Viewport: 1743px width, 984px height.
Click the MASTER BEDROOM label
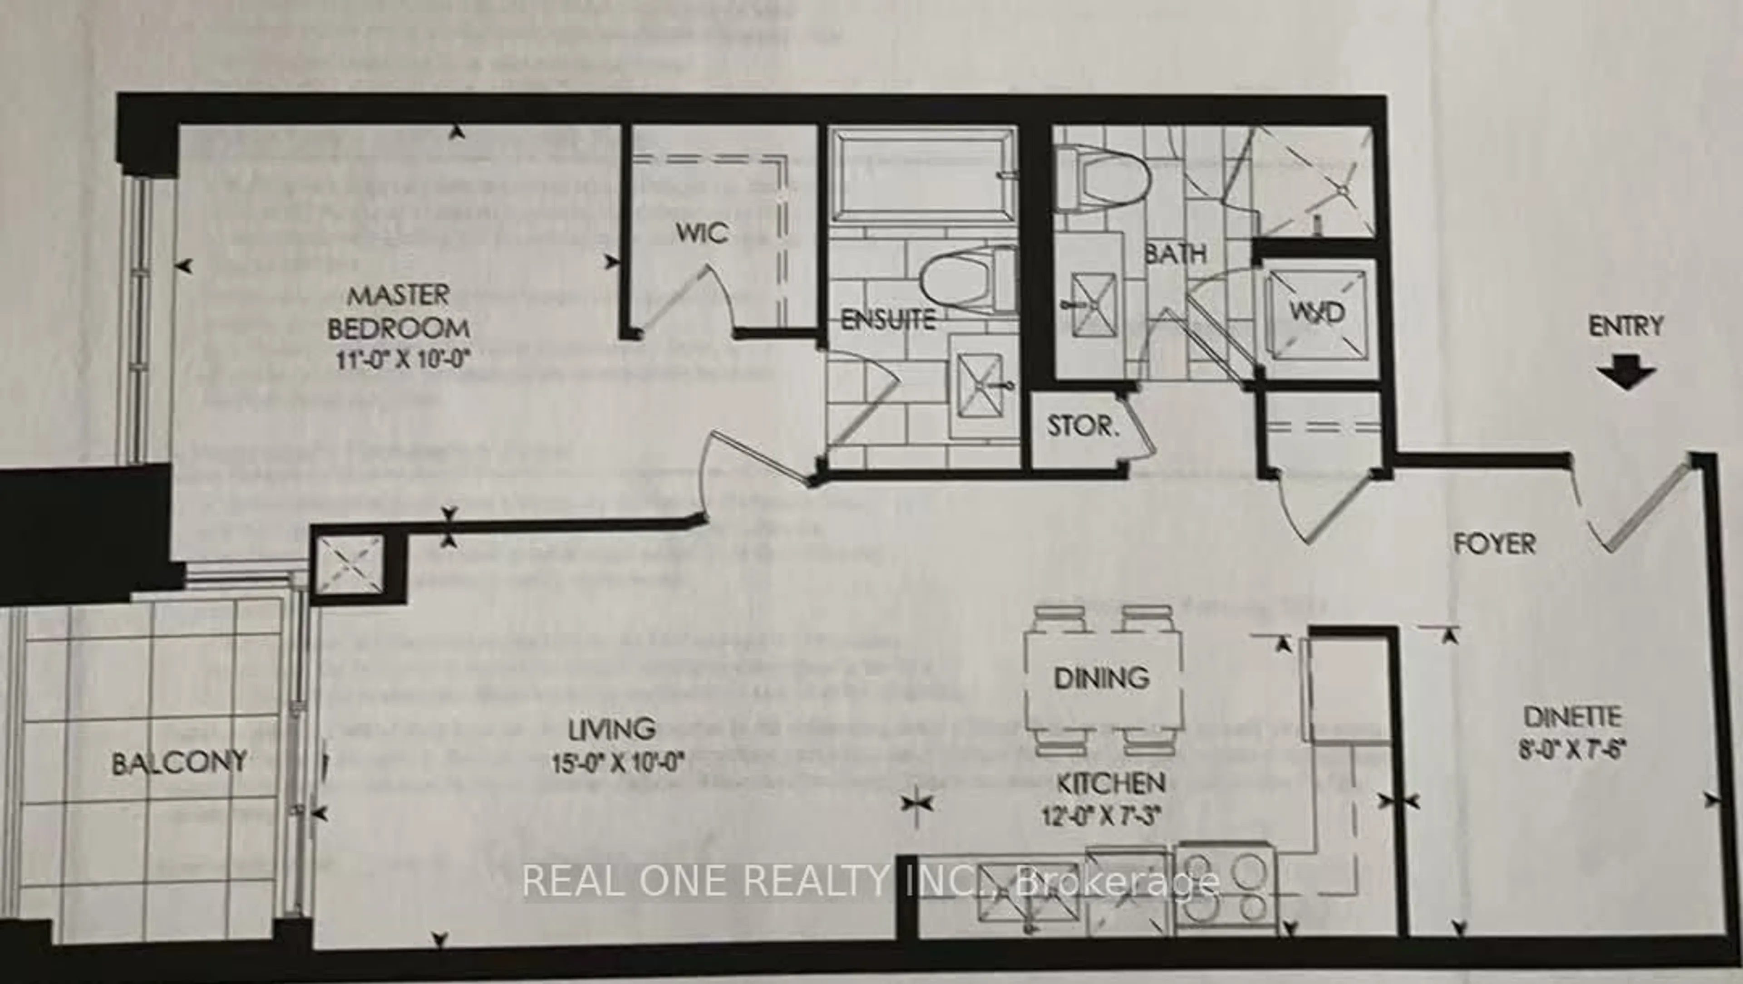(399, 311)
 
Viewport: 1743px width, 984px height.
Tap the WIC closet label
(702, 233)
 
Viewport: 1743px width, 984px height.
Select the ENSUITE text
(888, 320)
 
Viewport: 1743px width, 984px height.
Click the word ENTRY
(1625, 326)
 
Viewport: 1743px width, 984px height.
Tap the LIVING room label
(612, 729)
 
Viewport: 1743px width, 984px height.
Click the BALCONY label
(179, 763)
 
